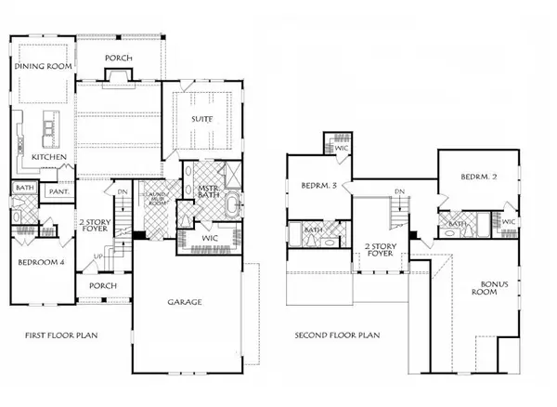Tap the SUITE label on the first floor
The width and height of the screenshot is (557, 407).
(202, 120)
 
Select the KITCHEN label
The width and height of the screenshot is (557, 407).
(48, 158)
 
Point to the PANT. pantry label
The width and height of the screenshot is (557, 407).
(59, 191)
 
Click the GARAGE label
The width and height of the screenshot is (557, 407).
(184, 302)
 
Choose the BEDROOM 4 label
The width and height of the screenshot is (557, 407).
(41, 261)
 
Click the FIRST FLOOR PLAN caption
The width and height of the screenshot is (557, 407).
(62, 335)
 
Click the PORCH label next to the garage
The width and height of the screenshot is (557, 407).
(102, 286)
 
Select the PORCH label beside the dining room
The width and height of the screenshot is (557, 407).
(118, 59)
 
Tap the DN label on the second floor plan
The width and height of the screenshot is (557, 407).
(400, 192)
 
